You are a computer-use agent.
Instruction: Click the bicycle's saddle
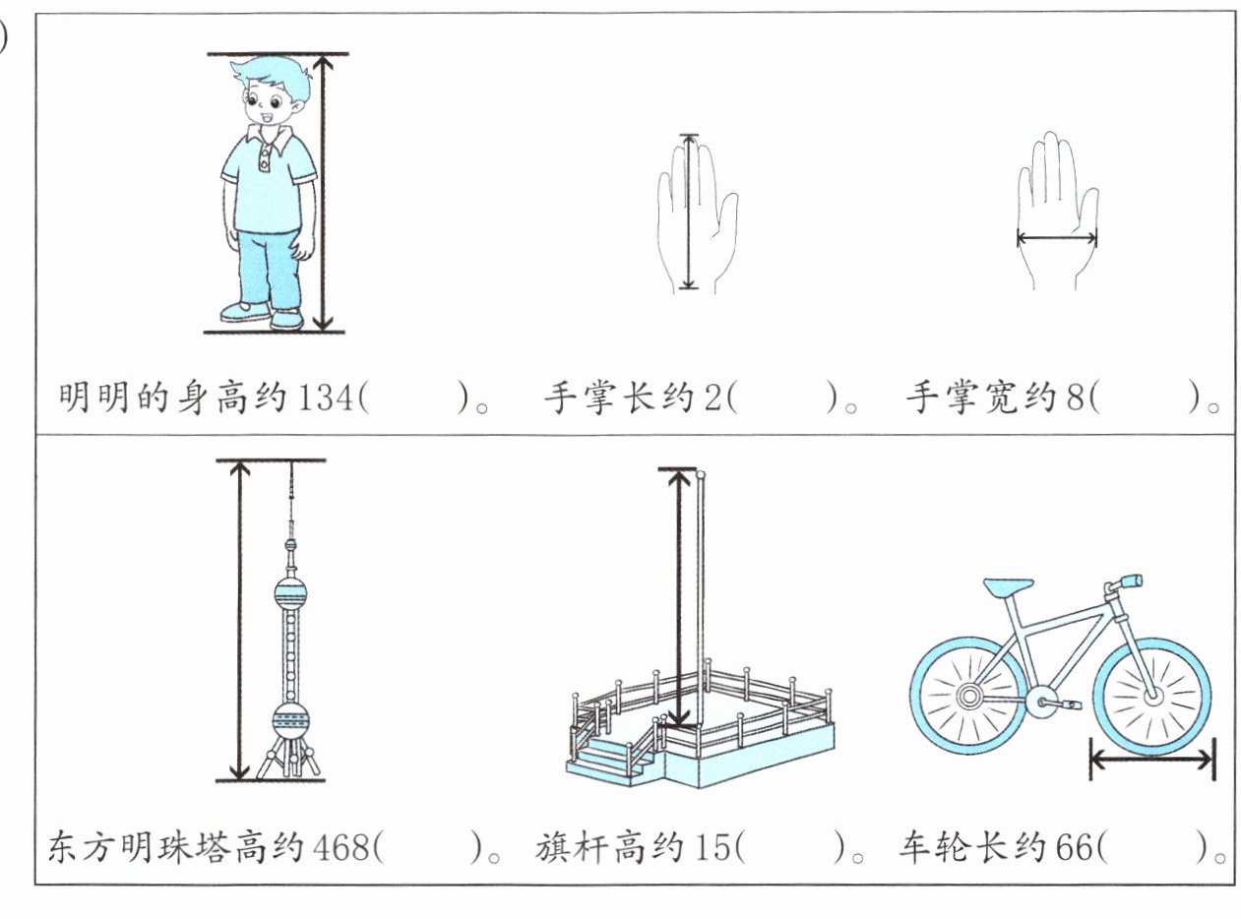point(1008,587)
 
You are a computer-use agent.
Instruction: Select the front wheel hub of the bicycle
point(1152,697)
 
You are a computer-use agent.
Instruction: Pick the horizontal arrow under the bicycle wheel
point(1151,759)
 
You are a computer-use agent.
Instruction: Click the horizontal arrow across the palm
point(1056,237)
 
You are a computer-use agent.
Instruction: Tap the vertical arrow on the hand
point(689,212)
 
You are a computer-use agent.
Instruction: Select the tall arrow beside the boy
point(329,192)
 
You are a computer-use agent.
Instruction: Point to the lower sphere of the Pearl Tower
point(290,721)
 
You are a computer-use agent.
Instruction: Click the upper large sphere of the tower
point(290,593)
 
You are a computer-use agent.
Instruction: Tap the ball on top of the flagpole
point(701,475)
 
